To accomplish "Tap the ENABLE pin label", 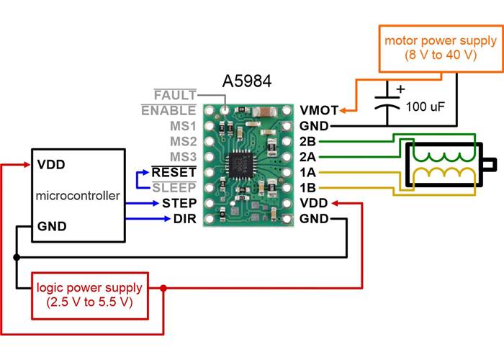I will click(168, 111).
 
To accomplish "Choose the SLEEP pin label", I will click(174, 188).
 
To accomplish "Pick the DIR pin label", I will click(183, 218).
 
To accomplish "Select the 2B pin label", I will click(307, 142).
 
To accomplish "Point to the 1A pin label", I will click(307, 173).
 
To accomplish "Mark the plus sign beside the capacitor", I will click(401, 90).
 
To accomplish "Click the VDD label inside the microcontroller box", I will click(51, 164).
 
